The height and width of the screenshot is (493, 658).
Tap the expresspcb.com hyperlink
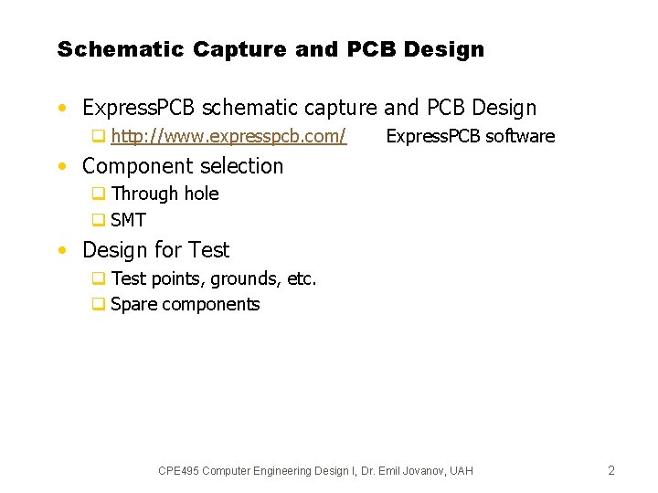click(228, 137)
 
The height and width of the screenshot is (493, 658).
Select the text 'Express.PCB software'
click(470, 137)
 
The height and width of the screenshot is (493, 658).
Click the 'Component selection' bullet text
click(183, 166)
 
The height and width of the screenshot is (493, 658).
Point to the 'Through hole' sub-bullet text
click(164, 194)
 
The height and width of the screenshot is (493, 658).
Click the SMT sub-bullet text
click(128, 220)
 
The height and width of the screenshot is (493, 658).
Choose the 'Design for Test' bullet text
click(155, 250)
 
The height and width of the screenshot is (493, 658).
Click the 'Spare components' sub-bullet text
click(185, 305)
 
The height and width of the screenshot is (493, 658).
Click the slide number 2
click(611, 471)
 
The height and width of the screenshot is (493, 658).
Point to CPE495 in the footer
click(178, 471)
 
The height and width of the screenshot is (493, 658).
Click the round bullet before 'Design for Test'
click(60, 251)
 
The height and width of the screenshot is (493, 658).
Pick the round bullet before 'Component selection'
click(60, 167)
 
